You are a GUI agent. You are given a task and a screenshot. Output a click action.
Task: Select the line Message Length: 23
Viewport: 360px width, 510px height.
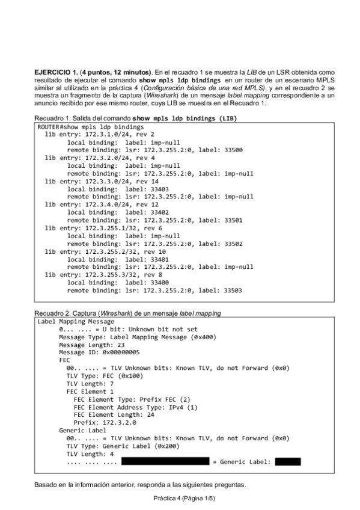point(91,345)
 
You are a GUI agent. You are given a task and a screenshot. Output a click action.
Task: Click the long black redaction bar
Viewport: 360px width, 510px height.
point(166,462)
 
